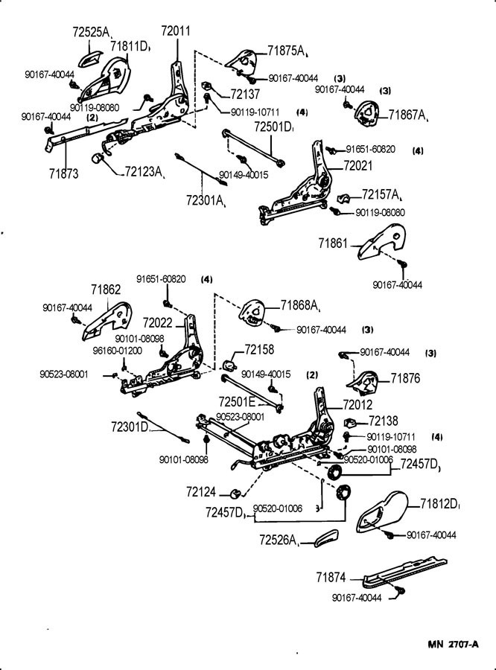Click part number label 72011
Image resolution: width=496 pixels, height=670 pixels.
click(x=176, y=31)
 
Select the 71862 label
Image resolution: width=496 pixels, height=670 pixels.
click(x=106, y=290)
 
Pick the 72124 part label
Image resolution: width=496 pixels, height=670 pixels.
click(x=203, y=492)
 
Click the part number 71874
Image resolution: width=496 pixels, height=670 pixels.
click(x=330, y=577)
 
